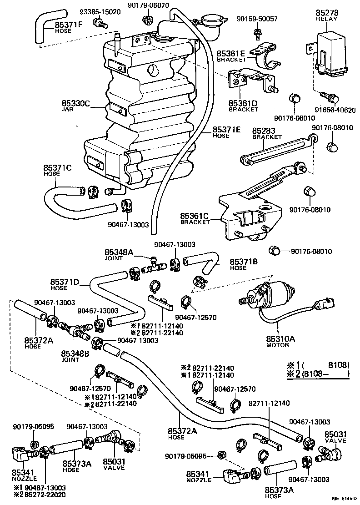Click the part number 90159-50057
click(x=257, y=19)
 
